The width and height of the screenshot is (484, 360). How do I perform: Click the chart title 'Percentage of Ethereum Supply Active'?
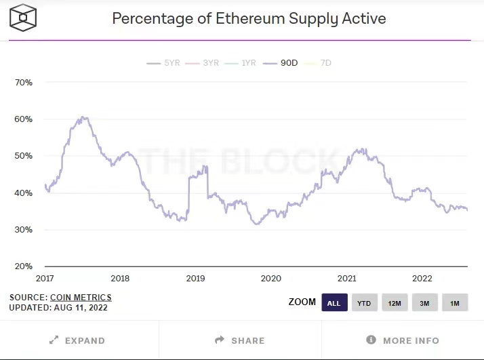click(x=249, y=18)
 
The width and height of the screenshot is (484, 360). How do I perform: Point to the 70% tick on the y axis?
click(x=23, y=83)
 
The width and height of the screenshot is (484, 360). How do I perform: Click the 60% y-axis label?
click(x=23, y=119)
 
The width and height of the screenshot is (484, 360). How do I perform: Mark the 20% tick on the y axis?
click(x=23, y=266)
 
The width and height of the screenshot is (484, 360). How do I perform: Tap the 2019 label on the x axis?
click(x=195, y=279)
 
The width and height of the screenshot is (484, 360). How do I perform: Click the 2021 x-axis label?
click(x=346, y=279)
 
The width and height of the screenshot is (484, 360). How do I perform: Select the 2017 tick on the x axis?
click(x=44, y=279)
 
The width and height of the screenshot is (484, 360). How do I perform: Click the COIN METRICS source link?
click(x=81, y=297)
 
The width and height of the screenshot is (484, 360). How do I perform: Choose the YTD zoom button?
click(x=365, y=302)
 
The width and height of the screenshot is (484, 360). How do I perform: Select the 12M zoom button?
click(x=395, y=302)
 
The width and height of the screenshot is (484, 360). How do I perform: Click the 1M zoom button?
click(x=454, y=302)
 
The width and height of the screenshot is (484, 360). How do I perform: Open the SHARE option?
click(x=240, y=340)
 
